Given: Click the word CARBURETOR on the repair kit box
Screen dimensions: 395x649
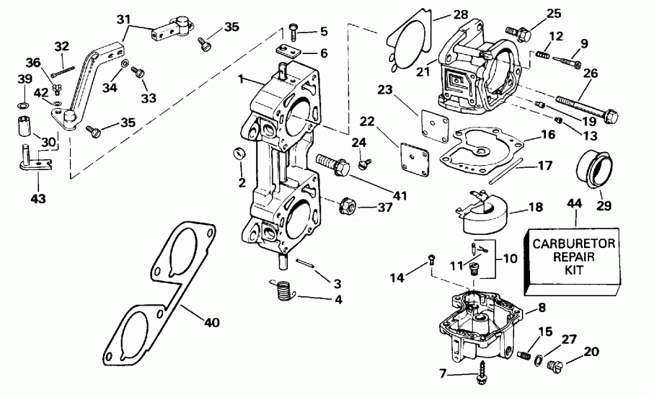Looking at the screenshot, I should coord(575,244).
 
